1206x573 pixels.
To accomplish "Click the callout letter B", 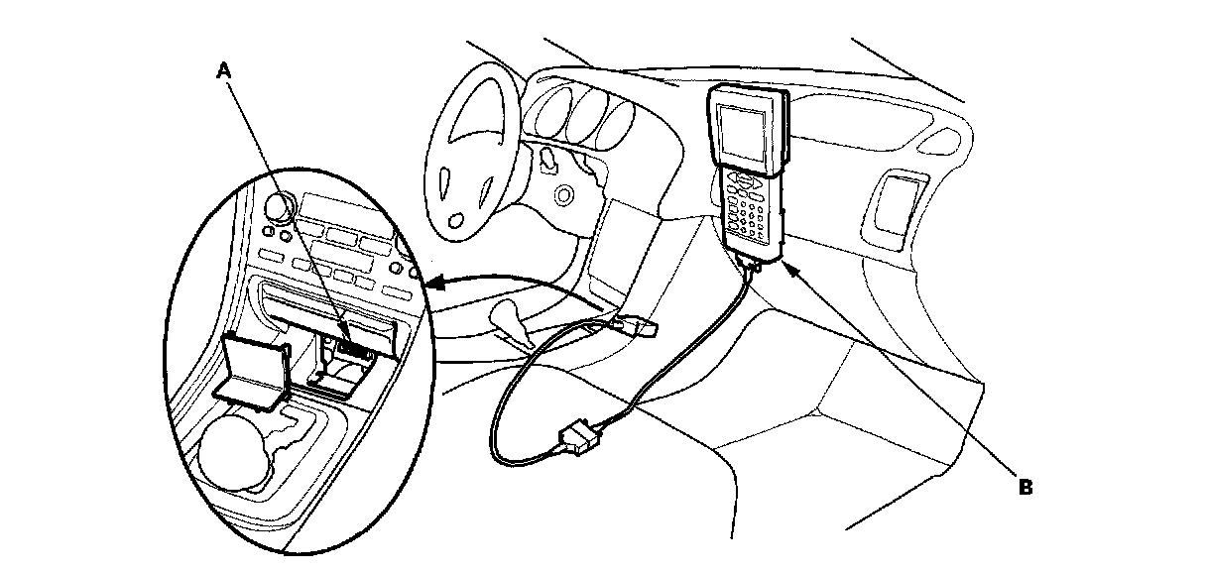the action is tap(1026, 488).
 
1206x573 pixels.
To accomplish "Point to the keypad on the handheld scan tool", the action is tap(750, 208).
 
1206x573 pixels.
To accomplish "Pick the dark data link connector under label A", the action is tap(351, 350).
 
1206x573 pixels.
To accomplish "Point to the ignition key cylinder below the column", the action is tap(565, 194).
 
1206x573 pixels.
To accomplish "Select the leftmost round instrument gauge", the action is tap(551, 103).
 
